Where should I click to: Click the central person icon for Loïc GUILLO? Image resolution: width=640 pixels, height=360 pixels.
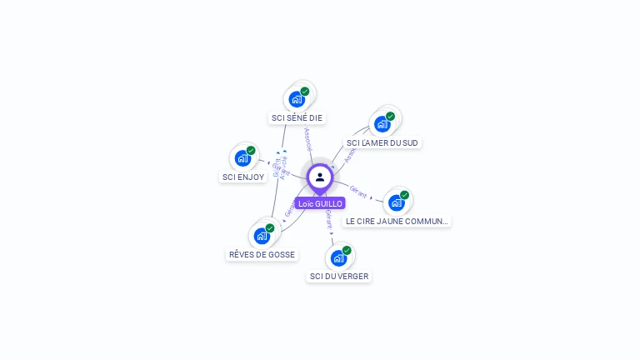click(x=320, y=177)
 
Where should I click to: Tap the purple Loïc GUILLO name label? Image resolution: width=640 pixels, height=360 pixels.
click(x=320, y=203)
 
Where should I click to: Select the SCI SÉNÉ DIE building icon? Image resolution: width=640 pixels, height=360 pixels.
click(x=297, y=99)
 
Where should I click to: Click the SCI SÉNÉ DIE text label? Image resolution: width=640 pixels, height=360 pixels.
click(x=297, y=117)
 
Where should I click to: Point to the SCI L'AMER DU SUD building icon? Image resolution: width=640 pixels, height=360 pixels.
click(x=382, y=124)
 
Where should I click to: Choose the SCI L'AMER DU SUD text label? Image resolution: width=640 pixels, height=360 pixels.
click(x=382, y=142)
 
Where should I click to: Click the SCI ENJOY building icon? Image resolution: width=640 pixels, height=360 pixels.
click(x=242, y=158)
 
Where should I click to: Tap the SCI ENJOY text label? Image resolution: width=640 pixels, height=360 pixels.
click(x=243, y=177)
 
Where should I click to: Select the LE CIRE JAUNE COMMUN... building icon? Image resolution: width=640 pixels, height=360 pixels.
click(x=397, y=202)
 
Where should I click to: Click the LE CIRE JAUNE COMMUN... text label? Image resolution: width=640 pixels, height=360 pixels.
click(x=397, y=222)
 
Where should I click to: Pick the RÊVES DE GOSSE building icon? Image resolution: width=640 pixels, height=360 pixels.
click(x=262, y=236)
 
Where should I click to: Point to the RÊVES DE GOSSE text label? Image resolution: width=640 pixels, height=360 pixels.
click(x=262, y=255)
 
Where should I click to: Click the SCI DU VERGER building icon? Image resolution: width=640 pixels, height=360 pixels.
click(x=338, y=257)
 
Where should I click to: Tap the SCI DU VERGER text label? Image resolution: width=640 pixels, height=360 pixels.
click(x=339, y=276)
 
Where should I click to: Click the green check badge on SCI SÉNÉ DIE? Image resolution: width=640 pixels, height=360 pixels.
click(x=305, y=91)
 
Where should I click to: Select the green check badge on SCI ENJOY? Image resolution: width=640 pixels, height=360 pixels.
click(x=251, y=150)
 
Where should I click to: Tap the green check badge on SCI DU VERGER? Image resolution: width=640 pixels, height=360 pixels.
click(x=347, y=250)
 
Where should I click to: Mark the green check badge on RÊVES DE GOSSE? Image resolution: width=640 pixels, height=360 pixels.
click(x=270, y=227)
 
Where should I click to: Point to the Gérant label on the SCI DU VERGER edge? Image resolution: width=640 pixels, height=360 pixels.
click(x=328, y=219)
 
